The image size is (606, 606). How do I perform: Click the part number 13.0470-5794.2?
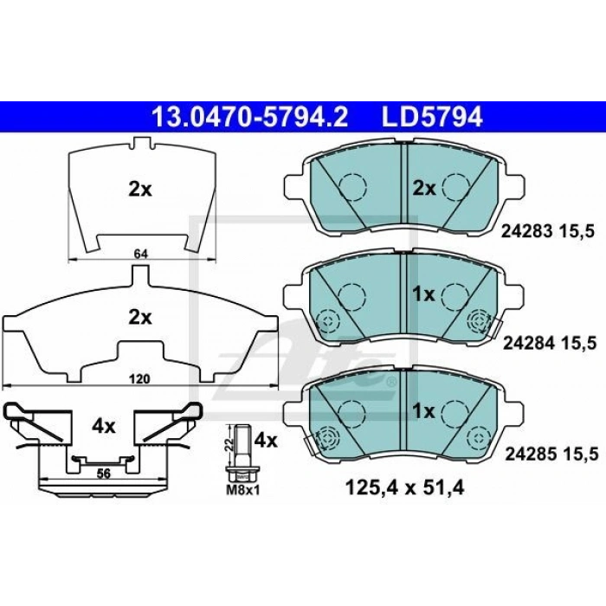tap(250, 116)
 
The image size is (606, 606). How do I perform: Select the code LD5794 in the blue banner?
tap(433, 116)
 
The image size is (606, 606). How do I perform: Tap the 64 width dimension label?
tap(140, 254)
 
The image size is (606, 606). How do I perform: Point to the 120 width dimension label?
tap(139, 379)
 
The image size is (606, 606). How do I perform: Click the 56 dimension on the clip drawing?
tap(104, 473)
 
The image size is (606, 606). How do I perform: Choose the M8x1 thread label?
tap(243, 490)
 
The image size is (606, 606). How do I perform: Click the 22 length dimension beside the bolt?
tap(229, 444)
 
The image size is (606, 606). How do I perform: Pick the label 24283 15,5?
tap(548, 231)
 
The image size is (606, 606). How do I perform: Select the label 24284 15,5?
tap(549, 343)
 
